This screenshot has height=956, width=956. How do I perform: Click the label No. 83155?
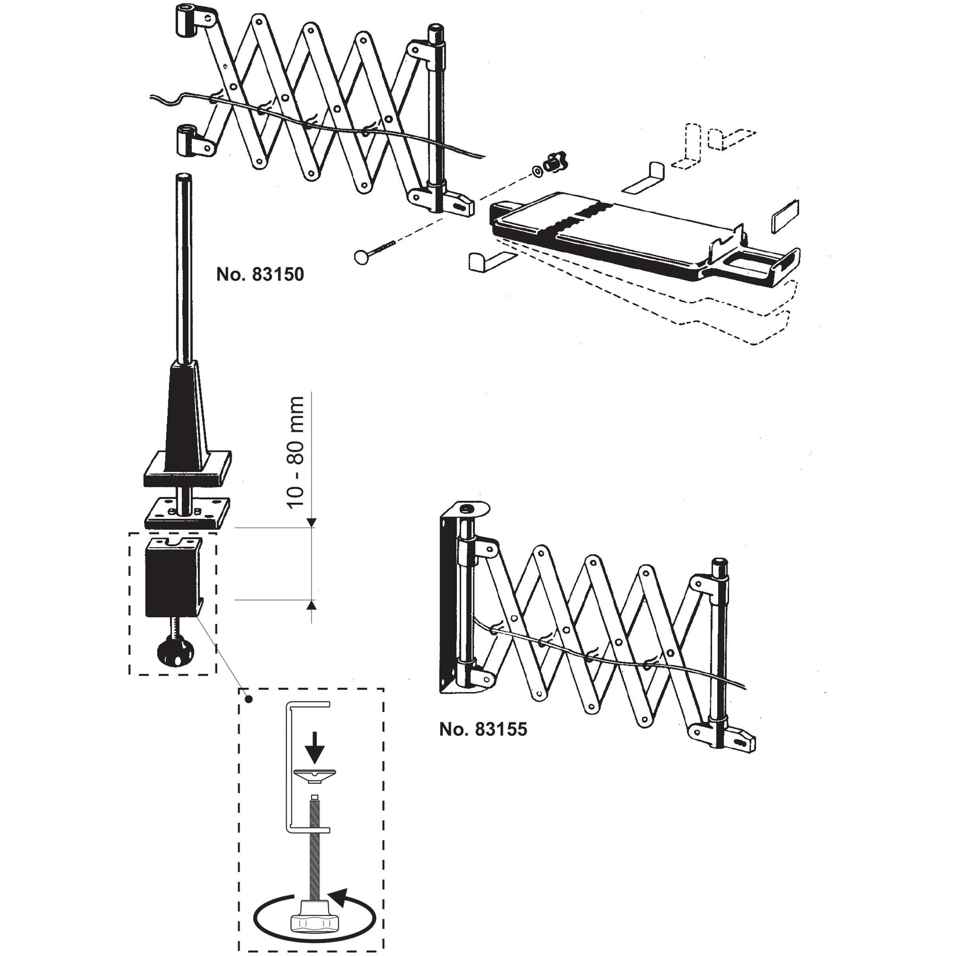[x=483, y=729]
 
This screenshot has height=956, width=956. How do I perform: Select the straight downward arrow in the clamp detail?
[x=314, y=751]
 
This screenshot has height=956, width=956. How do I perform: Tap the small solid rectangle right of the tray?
[x=785, y=216]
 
